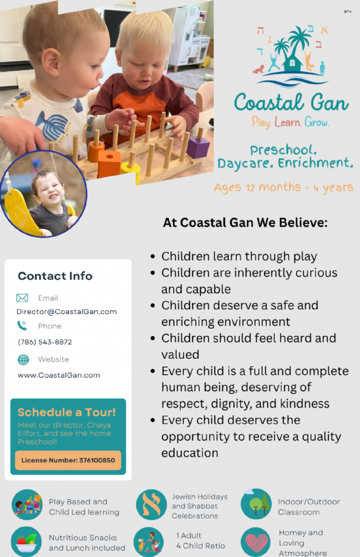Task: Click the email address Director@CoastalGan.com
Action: (67, 311)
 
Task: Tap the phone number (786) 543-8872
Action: (45, 342)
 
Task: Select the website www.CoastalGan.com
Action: (59, 375)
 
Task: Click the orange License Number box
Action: (68, 460)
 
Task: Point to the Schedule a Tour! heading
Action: (67, 412)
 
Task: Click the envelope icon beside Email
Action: (22, 297)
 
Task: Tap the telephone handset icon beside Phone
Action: (22, 326)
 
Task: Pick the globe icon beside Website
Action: (23, 359)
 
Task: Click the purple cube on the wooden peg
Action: (198, 145)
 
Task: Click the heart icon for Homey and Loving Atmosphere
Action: (255, 542)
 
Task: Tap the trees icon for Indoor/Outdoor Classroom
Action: (256, 504)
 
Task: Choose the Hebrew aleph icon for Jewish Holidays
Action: (151, 505)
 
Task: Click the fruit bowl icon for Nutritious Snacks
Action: (26, 542)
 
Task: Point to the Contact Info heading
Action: (55, 276)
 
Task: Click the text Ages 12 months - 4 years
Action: (283, 187)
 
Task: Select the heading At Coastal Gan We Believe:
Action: (245, 223)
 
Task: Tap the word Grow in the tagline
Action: (317, 122)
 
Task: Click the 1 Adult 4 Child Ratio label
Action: (201, 541)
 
